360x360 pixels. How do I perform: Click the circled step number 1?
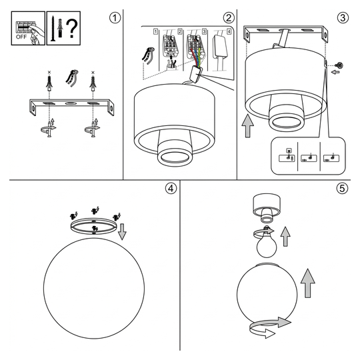[x=115, y=18]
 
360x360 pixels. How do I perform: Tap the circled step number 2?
[x=229, y=18]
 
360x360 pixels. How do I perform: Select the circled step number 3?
[x=343, y=18]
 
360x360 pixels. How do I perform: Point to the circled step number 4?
[x=171, y=189]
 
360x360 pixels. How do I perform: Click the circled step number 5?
[x=342, y=189]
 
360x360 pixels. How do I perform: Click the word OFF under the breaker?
[x=21, y=37]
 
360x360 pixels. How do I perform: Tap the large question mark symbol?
[x=72, y=29]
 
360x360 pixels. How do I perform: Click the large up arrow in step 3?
[x=248, y=126]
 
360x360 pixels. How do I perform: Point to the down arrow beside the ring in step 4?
[x=122, y=231]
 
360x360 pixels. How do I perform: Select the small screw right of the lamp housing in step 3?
[x=340, y=65]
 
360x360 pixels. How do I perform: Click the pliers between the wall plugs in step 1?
[x=71, y=78]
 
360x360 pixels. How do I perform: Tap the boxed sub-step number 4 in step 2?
[x=229, y=31]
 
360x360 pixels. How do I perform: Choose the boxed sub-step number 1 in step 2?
[x=156, y=31]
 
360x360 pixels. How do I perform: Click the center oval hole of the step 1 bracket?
[x=71, y=103]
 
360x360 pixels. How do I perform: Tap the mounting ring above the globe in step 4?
[x=93, y=227]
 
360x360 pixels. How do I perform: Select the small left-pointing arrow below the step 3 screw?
[x=335, y=72]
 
